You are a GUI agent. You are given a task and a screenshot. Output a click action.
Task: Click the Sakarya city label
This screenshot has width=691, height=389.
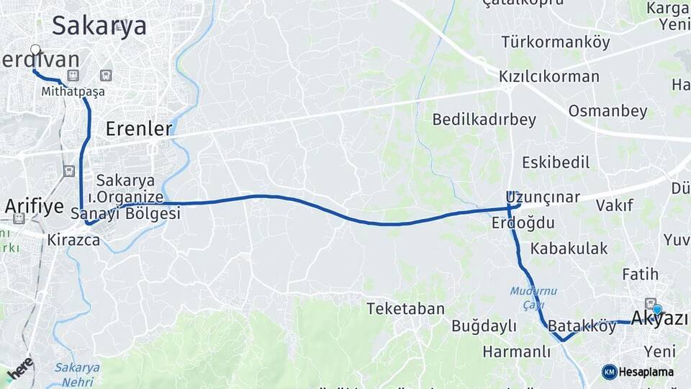click(x=99, y=26)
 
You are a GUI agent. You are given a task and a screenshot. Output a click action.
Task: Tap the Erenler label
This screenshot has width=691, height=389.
click(x=139, y=129)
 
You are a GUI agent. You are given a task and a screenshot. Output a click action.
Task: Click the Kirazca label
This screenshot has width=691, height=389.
click(x=73, y=240)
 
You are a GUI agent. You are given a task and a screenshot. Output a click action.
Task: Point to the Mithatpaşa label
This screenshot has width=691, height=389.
click(x=73, y=91)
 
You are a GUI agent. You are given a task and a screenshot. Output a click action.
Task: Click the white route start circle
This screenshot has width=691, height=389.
click(x=35, y=50)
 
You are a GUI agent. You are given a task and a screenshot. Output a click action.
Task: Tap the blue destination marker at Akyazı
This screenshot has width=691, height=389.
click(x=656, y=309)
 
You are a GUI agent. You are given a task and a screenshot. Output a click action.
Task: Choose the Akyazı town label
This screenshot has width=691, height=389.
click(x=659, y=318)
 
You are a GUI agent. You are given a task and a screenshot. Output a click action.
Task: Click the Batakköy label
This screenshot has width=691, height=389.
click(x=582, y=326)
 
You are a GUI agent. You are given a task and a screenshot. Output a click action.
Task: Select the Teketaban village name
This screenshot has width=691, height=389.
click(x=406, y=308)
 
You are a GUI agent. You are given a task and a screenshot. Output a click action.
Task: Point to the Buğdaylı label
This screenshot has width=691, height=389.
click(x=484, y=326)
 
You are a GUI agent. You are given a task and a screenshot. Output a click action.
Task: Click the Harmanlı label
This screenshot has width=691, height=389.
click(x=516, y=352)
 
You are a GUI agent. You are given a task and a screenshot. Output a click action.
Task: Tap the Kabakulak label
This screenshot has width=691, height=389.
click(x=569, y=249)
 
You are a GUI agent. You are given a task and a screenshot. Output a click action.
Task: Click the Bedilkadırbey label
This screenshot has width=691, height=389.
click(x=484, y=120)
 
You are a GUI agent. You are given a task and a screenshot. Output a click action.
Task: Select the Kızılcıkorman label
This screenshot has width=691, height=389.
click(x=549, y=76)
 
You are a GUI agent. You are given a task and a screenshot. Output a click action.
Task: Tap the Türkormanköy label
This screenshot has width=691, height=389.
click(x=555, y=42)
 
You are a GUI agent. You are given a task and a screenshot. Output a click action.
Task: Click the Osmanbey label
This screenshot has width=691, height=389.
click(x=608, y=111)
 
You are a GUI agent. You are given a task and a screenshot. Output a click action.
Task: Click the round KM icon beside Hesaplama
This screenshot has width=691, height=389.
click(x=609, y=372)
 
